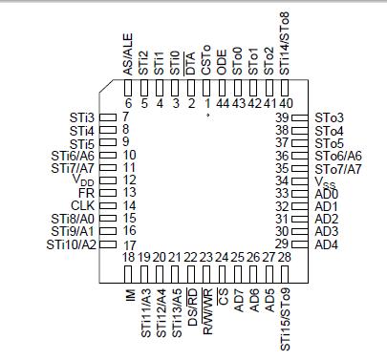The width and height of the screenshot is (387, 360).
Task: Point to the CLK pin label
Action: [x=82, y=204]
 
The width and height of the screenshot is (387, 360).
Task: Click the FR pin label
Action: [x=86, y=191]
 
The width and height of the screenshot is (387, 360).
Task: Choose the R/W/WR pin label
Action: [x=206, y=309]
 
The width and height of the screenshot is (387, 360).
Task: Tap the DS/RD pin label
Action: [x=191, y=305]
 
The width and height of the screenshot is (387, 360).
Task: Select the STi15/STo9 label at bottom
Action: [x=284, y=314]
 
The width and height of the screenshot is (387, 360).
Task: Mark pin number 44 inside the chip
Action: [x=222, y=102]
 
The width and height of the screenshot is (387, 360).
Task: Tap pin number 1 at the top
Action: [x=206, y=102]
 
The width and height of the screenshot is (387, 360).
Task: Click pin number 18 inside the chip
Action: [x=128, y=257]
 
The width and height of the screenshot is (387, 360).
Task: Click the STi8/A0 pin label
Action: [x=70, y=218]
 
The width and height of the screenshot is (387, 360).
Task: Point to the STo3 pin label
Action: [x=329, y=117]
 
